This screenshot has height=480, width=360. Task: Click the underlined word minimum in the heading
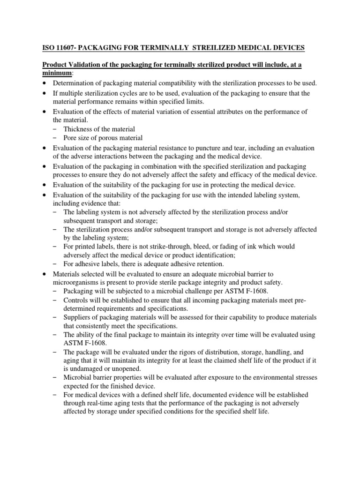(x=57, y=74)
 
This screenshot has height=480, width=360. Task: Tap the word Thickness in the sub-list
(x=78, y=129)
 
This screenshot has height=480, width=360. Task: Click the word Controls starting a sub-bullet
(x=76, y=300)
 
